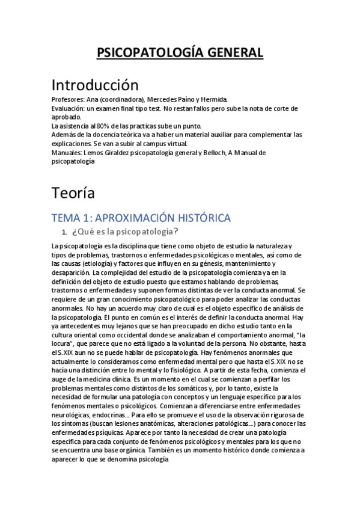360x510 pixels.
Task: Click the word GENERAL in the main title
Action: coord(235,53)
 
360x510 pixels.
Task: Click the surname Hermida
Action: coord(213,99)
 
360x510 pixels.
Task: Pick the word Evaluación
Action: coord(68,108)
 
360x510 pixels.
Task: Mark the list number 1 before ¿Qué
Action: coord(64,232)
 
